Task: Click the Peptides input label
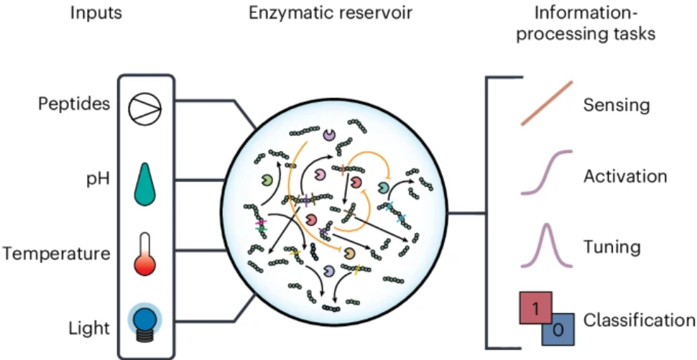[74, 103]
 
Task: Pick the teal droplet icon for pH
[145, 183]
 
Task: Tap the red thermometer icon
[145, 254]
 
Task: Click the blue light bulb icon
[145, 320]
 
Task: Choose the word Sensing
[616, 106]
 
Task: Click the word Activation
[625, 176]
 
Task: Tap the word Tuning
[611, 247]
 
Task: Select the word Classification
[639, 320]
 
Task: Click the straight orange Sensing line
[546, 103]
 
